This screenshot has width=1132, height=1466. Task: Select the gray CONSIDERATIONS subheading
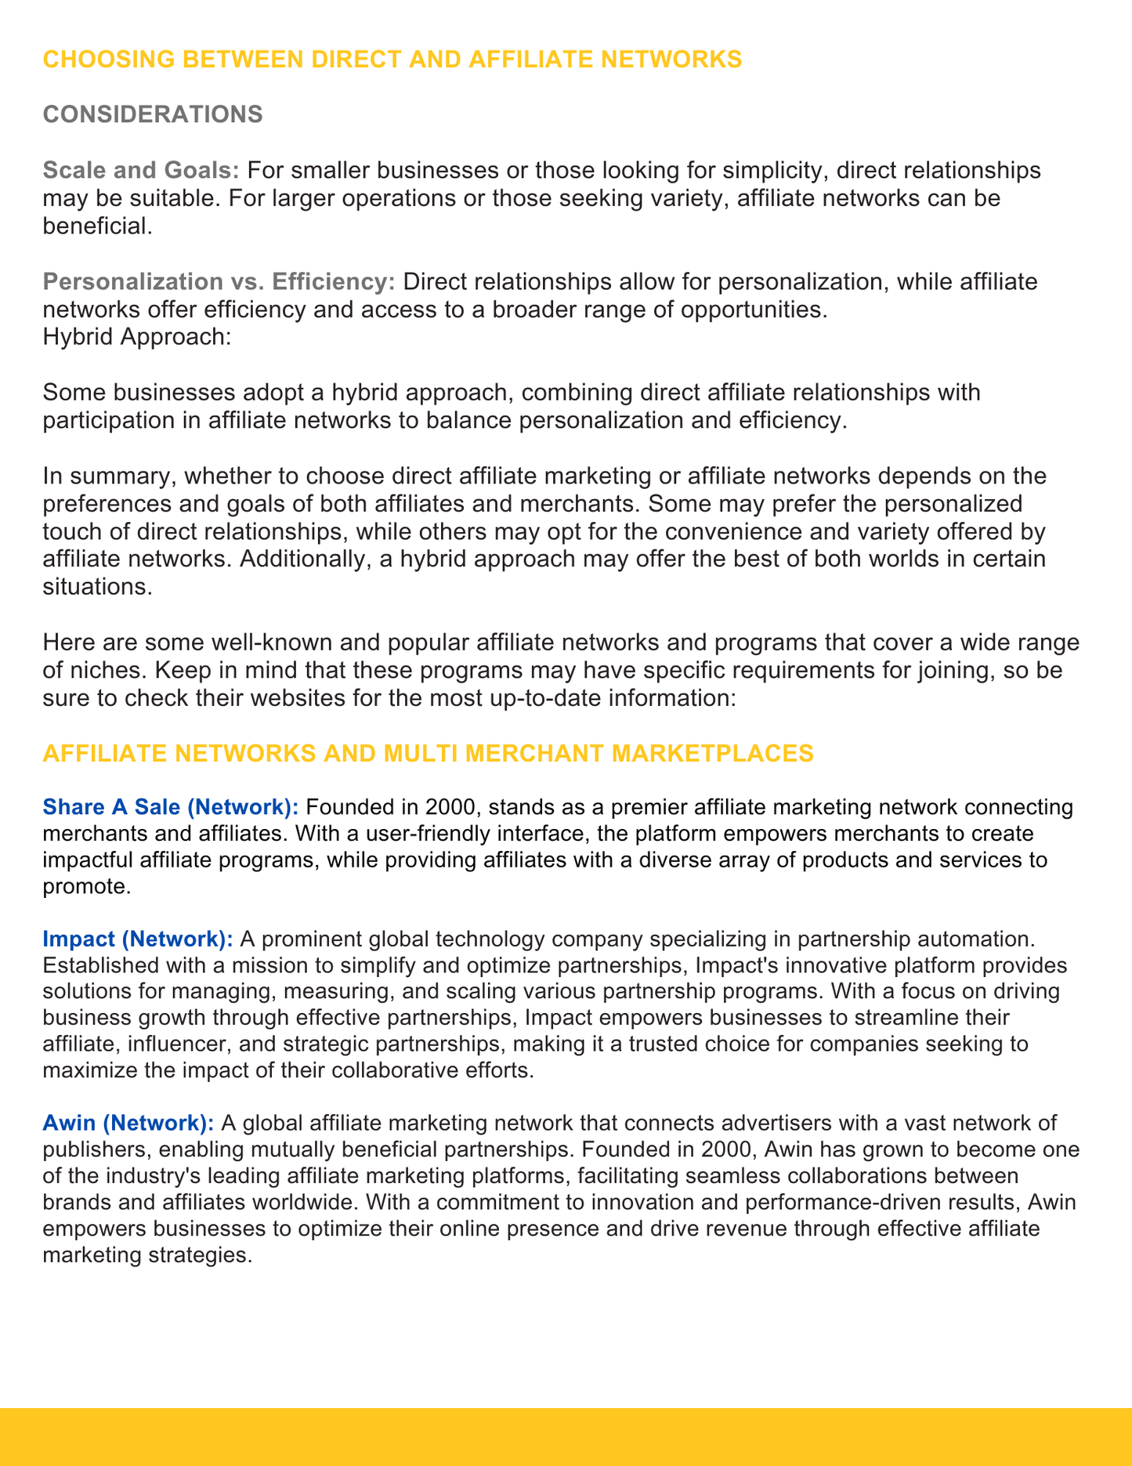152,114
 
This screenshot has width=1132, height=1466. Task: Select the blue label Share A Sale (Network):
170,806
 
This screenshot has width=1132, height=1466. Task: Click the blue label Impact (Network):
138,938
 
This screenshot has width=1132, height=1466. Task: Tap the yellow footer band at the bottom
566,1436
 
